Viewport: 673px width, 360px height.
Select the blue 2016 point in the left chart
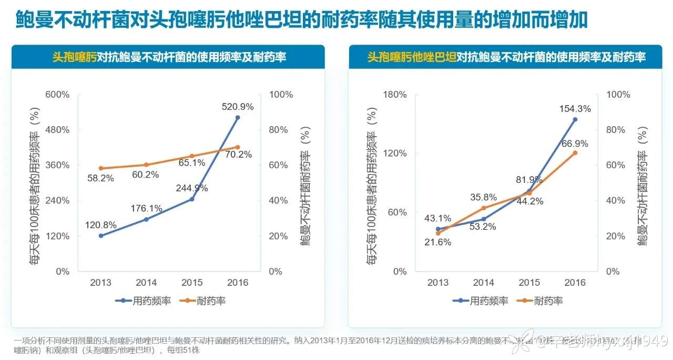point(237,118)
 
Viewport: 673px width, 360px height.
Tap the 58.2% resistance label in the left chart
point(100,179)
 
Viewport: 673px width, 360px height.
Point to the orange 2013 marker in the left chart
point(100,168)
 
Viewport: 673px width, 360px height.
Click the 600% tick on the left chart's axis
point(58,95)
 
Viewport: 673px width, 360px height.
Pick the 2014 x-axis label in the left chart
point(147,283)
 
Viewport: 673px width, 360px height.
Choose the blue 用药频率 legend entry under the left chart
point(137,301)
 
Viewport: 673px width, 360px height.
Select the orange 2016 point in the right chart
point(575,153)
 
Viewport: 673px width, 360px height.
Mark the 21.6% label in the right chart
point(438,242)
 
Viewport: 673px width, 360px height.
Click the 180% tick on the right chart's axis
point(395,95)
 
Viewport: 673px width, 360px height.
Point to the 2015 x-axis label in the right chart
point(529,283)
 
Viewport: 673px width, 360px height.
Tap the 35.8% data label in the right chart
point(484,198)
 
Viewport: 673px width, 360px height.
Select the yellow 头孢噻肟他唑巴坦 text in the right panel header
point(412,57)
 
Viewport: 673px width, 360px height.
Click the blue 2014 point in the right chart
point(484,219)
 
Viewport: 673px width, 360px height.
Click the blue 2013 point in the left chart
point(100,235)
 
